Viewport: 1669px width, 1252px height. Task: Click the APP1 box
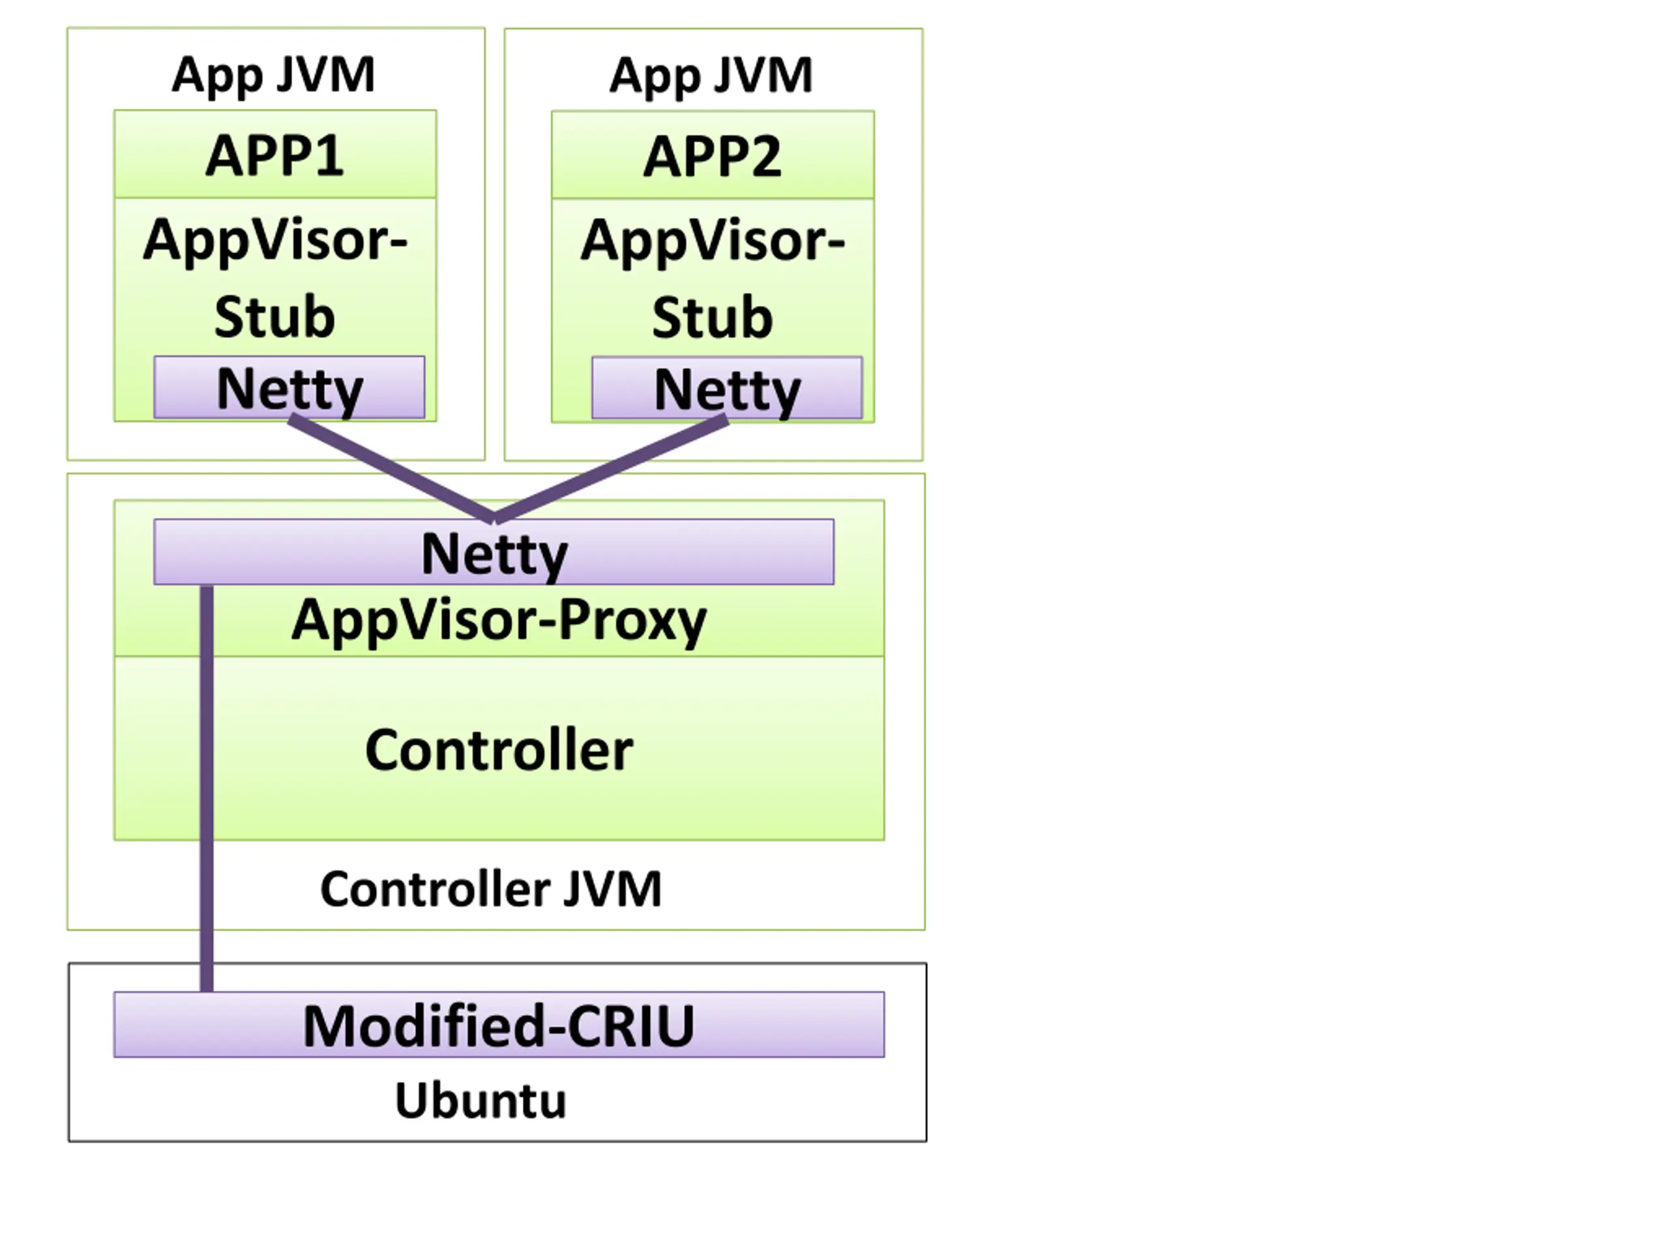274,154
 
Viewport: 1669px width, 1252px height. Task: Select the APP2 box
713,155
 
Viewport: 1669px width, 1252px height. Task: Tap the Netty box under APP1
289,387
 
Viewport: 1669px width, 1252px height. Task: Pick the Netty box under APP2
728,388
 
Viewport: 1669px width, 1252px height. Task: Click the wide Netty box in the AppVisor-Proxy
494,552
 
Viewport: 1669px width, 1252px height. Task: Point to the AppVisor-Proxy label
499,620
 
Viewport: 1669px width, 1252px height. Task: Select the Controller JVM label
491,888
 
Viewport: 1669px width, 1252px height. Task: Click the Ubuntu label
480,1100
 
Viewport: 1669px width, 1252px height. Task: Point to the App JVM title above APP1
273,76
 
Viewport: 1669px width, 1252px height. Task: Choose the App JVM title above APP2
711,76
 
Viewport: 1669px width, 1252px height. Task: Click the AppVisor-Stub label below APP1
275,277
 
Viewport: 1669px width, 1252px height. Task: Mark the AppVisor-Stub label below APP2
713,278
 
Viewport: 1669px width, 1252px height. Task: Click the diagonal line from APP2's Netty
611,469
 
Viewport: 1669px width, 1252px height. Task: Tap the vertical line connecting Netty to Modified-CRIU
207,788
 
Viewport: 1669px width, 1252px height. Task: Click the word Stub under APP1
274,316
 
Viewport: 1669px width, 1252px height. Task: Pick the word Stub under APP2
713,317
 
